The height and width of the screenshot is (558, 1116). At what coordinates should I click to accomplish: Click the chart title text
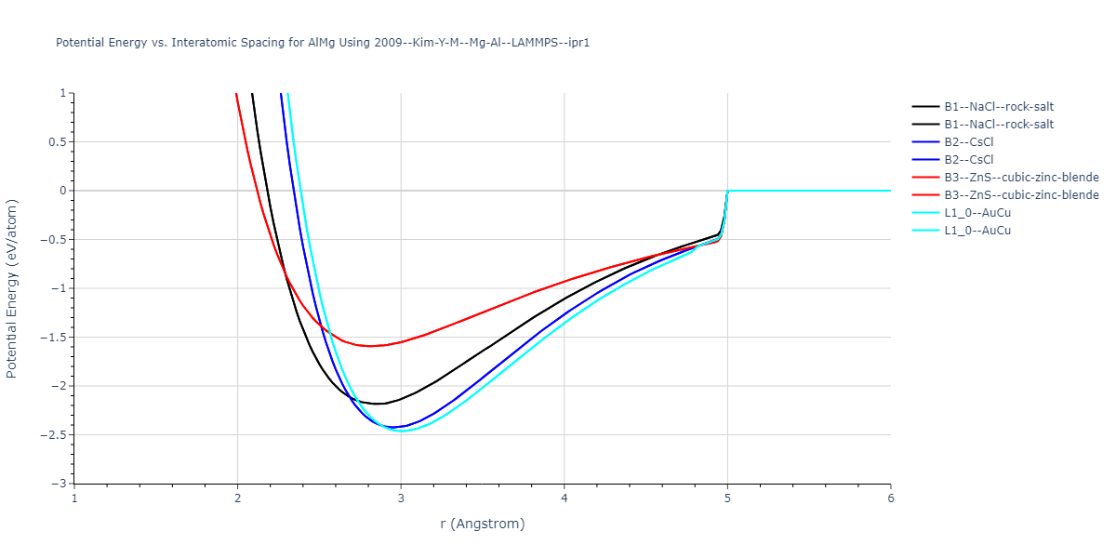[x=323, y=43]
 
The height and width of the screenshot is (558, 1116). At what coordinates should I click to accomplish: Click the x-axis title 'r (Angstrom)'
[x=483, y=524]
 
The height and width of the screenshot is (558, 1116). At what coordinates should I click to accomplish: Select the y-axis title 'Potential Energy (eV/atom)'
[x=13, y=288]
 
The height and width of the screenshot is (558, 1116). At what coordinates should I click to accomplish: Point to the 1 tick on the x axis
[x=74, y=498]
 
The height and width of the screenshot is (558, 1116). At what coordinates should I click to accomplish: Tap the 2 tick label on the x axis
[x=238, y=498]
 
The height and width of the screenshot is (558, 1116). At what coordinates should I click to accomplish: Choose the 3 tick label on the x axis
[x=401, y=498]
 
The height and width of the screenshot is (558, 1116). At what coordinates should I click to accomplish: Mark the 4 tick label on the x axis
[x=565, y=498]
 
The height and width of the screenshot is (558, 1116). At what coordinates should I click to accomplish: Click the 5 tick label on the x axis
[x=727, y=498]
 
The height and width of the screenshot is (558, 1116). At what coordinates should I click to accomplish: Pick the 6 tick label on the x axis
[x=891, y=498]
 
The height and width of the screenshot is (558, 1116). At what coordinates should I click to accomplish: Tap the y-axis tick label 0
[x=63, y=191]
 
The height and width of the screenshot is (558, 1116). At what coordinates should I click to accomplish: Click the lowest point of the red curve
[x=371, y=346]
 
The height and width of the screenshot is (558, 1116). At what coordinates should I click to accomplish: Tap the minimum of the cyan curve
[x=402, y=432]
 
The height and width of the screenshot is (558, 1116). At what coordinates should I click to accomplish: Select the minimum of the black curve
[x=379, y=404]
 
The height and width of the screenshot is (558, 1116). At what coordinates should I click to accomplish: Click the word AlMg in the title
[x=322, y=43]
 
